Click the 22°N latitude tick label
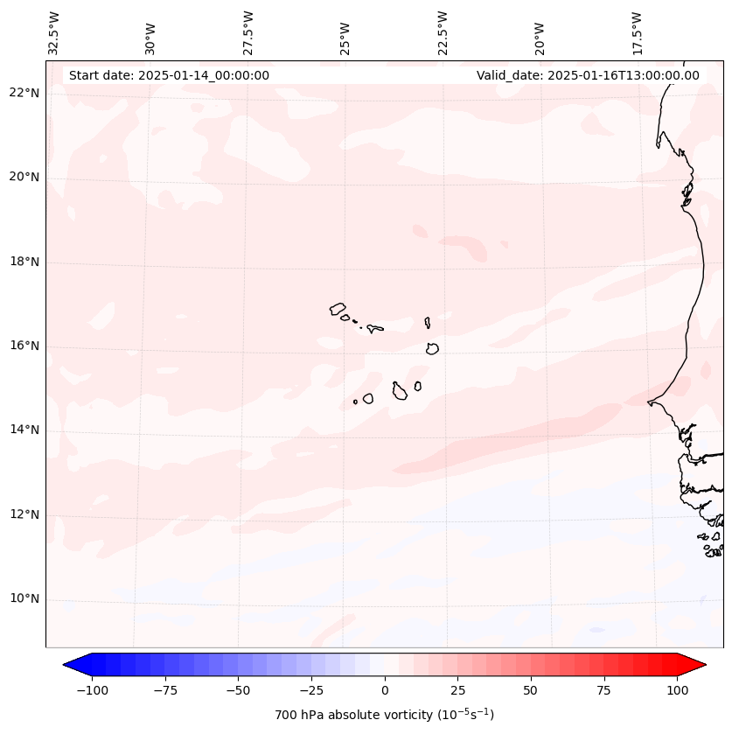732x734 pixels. [x=25, y=93]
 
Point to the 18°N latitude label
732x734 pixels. [x=25, y=262]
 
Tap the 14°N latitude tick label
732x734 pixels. [x=25, y=430]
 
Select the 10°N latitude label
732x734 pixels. [x=25, y=599]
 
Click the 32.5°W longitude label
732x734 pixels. [x=55, y=32]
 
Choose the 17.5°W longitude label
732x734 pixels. [x=637, y=32]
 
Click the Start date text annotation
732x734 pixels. [x=169, y=75]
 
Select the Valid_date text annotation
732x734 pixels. [x=588, y=75]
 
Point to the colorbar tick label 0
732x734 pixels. [x=385, y=690]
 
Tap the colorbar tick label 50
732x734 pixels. [x=531, y=690]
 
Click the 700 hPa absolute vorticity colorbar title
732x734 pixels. [x=384, y=715]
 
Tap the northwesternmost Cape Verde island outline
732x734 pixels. [x=338, y=309]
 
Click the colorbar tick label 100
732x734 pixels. [x=677, y=690]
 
